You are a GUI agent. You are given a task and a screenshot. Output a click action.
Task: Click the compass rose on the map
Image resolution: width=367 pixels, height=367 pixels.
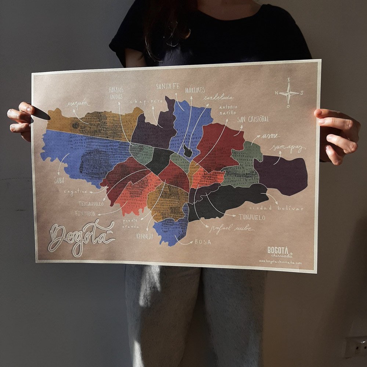click(289, 93)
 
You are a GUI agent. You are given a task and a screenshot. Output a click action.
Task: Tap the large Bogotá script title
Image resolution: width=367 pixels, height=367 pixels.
click(82, 237)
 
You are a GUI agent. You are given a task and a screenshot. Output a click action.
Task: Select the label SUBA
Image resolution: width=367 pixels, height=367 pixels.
click(59, 180)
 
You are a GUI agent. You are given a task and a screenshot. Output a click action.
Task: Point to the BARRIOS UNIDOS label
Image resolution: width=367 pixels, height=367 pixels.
click(116, 93)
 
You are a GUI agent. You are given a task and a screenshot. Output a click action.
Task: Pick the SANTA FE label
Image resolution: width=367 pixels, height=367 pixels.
click(168, 87)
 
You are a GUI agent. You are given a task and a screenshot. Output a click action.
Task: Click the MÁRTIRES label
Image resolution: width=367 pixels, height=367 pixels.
click(195, 90)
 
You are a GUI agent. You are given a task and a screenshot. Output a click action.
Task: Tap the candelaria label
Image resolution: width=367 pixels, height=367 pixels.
click(219, 98)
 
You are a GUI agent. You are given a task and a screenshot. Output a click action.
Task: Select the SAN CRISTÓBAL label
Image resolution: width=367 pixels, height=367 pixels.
click(253, 119)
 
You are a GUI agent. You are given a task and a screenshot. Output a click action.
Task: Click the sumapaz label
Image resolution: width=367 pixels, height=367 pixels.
click(288, 148)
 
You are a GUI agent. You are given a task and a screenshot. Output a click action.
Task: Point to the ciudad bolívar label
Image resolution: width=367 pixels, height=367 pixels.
click(276, 208)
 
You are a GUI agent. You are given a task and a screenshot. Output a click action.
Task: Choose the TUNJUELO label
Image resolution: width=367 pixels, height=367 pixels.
click(252, 217)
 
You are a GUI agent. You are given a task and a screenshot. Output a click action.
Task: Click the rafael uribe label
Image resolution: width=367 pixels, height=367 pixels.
click(232, 228)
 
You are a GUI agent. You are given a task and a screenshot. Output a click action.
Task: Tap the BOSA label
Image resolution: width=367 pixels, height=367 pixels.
click(203, 241)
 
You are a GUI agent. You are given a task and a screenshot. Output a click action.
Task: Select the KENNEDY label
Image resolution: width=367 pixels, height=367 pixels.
click(145, 236)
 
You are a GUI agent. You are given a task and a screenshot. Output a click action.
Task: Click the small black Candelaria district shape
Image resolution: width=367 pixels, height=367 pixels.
click(188, 151)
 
